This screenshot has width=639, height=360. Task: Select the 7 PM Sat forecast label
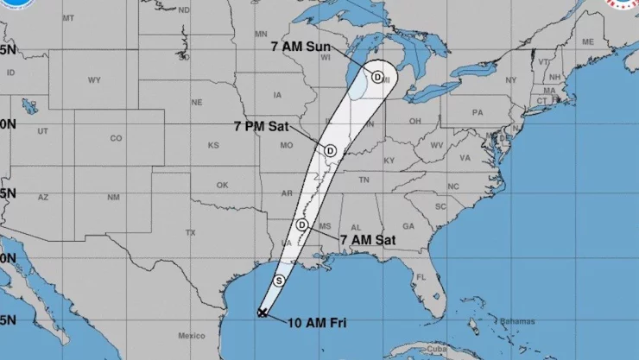262,126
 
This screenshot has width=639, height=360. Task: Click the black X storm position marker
263,313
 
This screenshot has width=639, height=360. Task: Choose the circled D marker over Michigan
377,77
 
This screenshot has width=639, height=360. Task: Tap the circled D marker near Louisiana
302,225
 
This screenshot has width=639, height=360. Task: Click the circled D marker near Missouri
330,150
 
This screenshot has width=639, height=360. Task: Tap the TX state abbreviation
191,232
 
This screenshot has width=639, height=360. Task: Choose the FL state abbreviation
421,277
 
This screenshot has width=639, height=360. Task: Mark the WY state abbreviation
94,79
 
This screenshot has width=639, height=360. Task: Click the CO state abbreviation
117,138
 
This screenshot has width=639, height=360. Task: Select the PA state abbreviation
477,112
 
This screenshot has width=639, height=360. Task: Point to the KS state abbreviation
213,145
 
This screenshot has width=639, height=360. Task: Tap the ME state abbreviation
588,41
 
